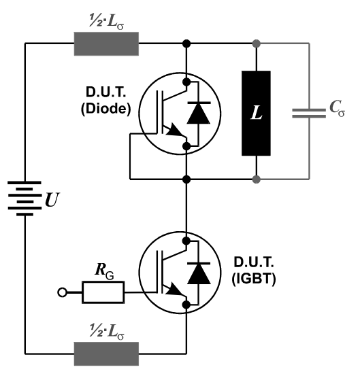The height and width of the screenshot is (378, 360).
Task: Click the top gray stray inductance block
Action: tap(106, 44)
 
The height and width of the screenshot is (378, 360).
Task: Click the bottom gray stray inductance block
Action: tap(106, 354)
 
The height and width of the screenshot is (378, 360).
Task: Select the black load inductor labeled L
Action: tap(256, 113)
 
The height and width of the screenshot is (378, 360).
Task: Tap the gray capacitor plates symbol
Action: tap(309, 114)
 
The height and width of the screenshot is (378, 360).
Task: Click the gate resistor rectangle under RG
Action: tap(103, 292)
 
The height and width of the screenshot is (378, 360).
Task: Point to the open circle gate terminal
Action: tap(62, 292)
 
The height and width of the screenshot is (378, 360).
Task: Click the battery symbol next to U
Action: tap(24, 199)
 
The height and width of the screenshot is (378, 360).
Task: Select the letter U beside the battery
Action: tap(52, 200)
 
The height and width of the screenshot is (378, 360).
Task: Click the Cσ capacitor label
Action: tap(337, 108)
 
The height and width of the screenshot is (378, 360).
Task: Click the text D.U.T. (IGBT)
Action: tap(254, 271)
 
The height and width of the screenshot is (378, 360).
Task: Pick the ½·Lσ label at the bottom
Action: tap(107, 332)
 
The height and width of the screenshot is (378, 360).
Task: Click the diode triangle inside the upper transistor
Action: tap(199, 113)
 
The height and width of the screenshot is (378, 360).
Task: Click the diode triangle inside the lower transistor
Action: tap(199, 273)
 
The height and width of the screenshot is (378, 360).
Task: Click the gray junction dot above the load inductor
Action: tap(257, 44)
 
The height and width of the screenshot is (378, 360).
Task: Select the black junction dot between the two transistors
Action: tap(186, 179)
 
